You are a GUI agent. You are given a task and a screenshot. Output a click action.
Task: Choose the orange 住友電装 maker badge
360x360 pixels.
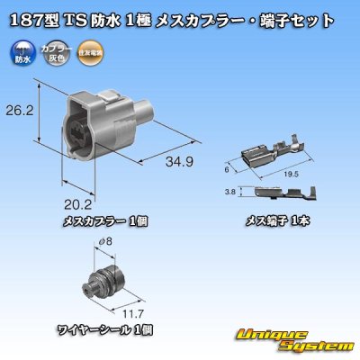[x=89, y=53]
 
